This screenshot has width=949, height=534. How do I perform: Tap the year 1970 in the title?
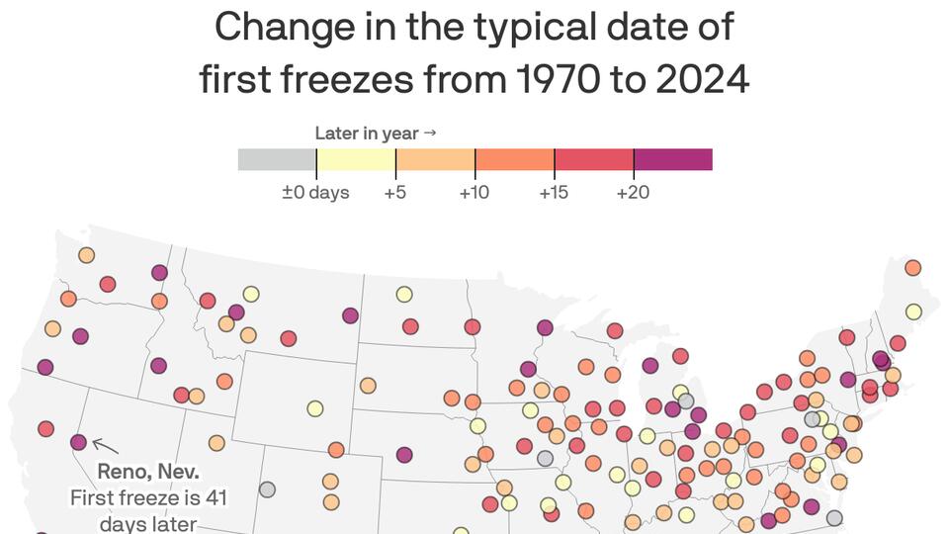coord(550,79)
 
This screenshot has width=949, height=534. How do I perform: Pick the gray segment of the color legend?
coord(277,159)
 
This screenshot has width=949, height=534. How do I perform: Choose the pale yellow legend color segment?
coord(356,159)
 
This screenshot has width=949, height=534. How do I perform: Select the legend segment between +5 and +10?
coord(435,159)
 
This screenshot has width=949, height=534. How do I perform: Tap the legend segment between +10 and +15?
coord(514,159)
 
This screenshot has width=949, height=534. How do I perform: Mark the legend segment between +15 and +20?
coord(593,159)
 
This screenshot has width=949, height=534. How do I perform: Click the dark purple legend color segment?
coord(672,159)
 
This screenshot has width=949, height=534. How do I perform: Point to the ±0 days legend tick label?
coord(315,192)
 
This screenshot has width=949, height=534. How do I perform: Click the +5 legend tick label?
coord(395,192)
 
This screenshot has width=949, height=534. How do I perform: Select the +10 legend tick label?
coord(474,192)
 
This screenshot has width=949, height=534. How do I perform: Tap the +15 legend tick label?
coord(554,192)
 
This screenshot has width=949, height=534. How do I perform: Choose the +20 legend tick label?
coord(633,192)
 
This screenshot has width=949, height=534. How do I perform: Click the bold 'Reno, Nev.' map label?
coord(148,472)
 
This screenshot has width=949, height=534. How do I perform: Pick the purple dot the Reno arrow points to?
coord(78,441)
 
